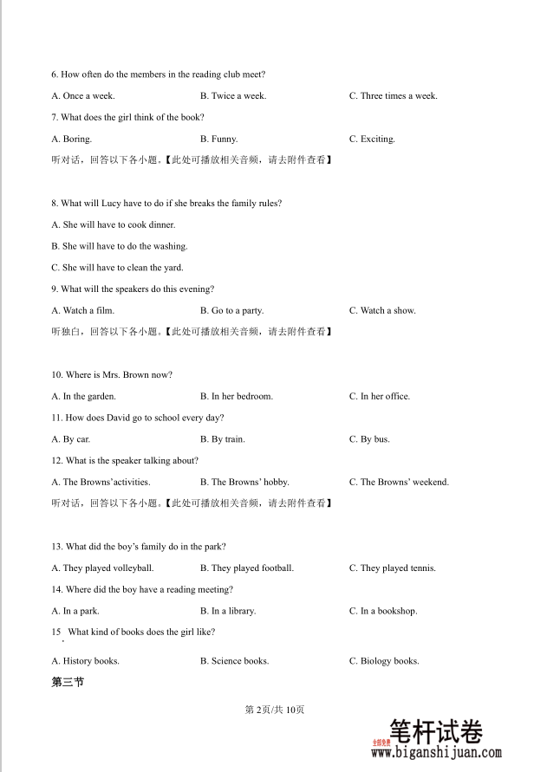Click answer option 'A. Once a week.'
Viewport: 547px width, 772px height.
coord(83,96)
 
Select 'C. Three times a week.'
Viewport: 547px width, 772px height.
coord(393,96)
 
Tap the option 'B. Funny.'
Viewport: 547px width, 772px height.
coord(218,139)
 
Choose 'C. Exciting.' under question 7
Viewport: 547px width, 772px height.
coord(372,139)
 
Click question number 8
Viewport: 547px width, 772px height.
coord(55,204)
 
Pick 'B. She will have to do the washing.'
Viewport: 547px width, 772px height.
coord(120,246)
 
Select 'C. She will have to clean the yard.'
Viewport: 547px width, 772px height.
coord(117,268)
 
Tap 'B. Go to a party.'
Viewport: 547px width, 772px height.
coord(231,310)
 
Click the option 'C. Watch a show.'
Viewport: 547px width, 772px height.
coord(382,310)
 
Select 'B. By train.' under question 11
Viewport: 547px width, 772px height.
coord(222,439)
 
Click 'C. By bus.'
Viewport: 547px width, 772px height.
coord(369,439)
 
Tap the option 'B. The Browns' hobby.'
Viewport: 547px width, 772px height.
coord(244,482)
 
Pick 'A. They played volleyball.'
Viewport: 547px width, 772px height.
coord(102,568)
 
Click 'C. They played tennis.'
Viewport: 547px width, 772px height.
coord(392,568)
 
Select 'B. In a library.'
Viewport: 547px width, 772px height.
coord(227,611)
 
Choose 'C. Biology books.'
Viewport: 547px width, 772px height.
coord(384,661)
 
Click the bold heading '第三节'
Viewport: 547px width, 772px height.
coord(68,683)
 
